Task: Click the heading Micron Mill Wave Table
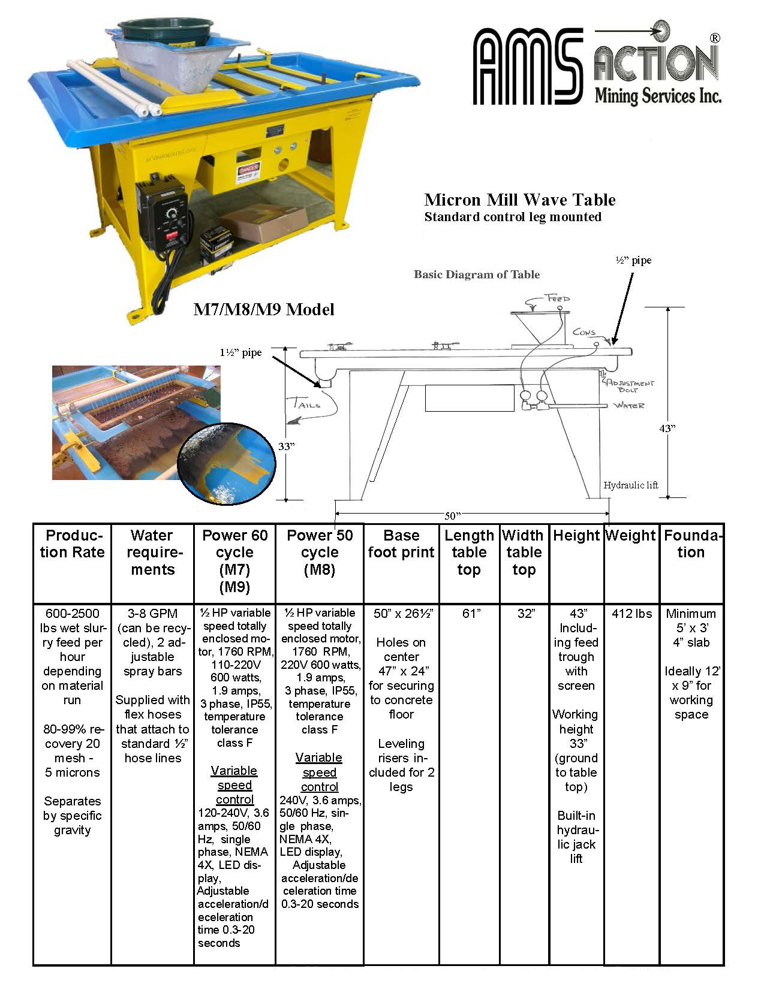click(519, 200)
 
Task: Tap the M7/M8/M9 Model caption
click(263, 309)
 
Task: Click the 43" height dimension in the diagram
click(667, 428)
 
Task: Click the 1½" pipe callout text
click(240, 353)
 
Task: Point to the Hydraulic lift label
click(631, 485)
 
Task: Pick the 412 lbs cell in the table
click(631, 614)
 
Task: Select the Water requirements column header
click(152, 552)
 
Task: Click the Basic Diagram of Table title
click(477, 275)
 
